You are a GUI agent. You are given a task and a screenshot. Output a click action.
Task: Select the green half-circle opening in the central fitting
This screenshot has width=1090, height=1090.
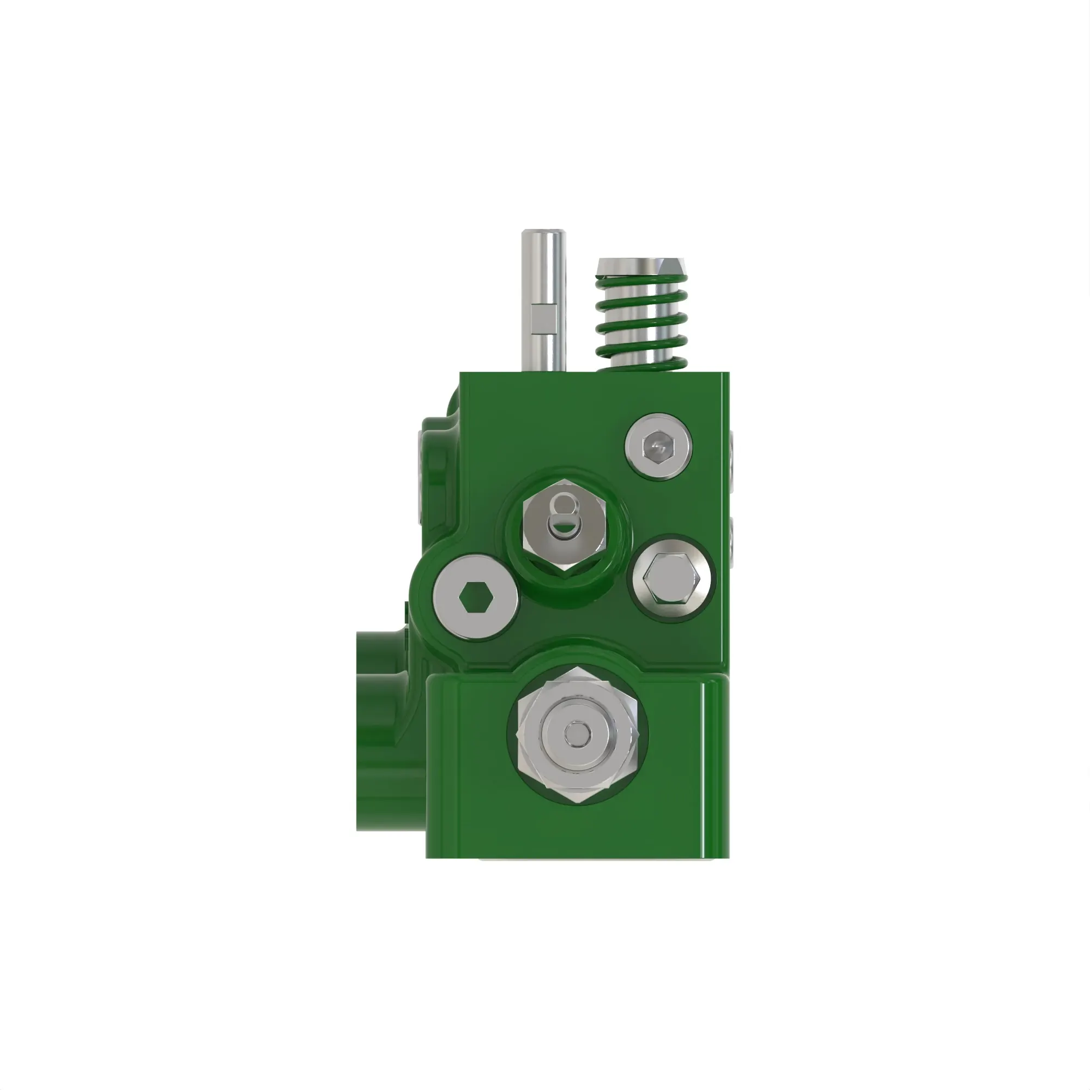pos(563,530)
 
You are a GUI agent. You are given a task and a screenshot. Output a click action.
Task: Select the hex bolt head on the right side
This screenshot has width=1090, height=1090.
pos(671,578)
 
